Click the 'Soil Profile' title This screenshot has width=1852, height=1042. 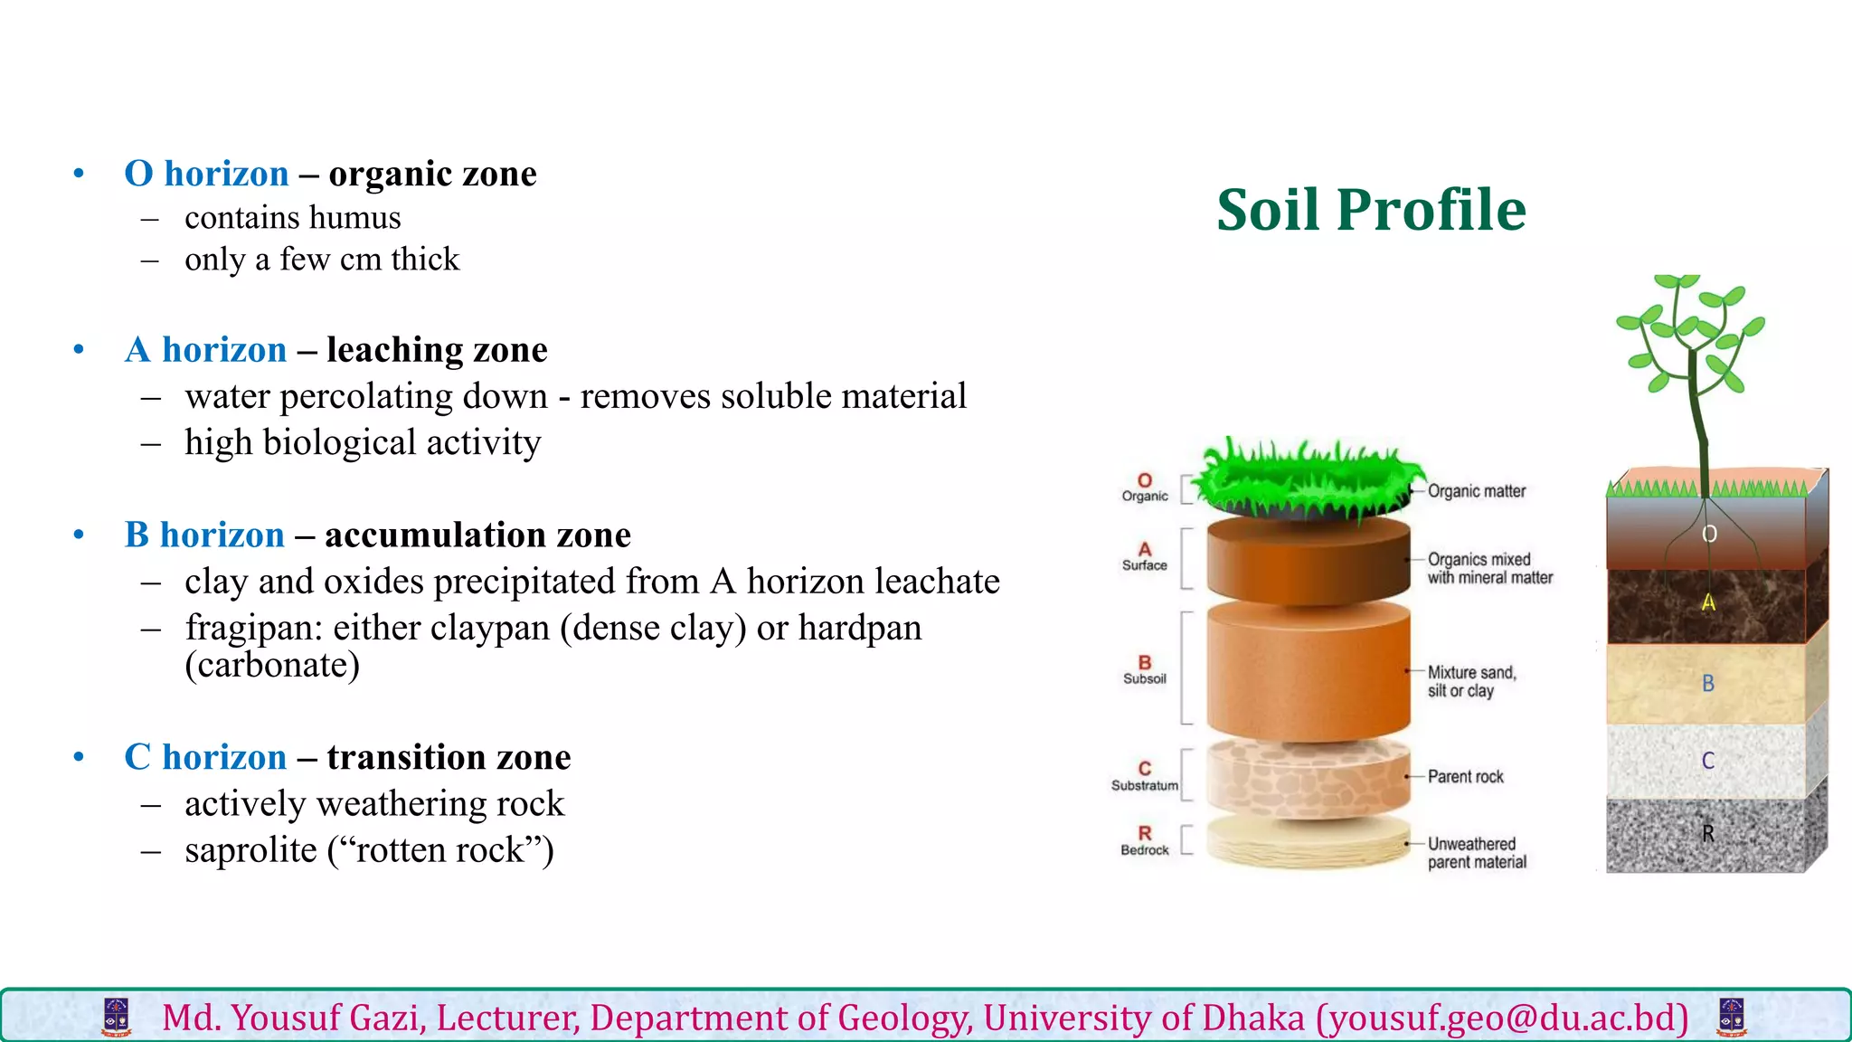1371,210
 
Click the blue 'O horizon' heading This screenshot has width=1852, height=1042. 206,174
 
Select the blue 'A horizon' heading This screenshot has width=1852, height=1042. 205,350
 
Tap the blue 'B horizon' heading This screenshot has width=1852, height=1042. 204,535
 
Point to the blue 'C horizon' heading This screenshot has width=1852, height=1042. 205,757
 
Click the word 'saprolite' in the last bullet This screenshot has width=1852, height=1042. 250,850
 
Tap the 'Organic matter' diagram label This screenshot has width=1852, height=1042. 1476,491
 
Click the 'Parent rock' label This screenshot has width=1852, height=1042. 1465,777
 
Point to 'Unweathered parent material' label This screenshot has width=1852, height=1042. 1476,853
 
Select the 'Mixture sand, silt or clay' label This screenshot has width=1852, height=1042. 1471,682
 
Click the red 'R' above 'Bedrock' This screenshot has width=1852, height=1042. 1145,833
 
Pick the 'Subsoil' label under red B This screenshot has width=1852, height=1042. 1145,679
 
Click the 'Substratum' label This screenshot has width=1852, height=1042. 1145,786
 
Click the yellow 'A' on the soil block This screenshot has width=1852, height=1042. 1708,602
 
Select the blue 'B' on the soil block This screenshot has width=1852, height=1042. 1708,684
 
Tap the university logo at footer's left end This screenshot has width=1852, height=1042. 117,1018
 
